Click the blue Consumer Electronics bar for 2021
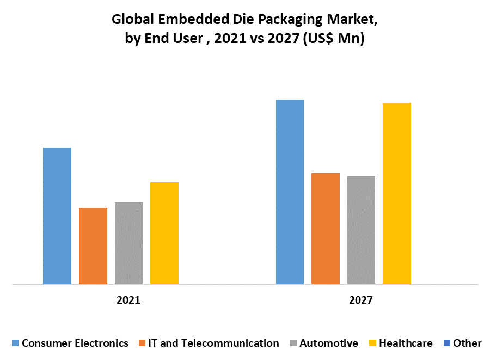[x=57, y=216]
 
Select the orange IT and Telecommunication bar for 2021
[x=93, y=246]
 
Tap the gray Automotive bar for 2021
[x=128, y=243]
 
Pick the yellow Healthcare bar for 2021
[x=164, y=233]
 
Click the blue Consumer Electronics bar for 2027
[x=290, y=192]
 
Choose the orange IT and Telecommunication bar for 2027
[x=326, y=229]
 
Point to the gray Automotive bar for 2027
[x=361, y=230]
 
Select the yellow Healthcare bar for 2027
[x=397, y=193]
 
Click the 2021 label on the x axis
[x=128, y=300]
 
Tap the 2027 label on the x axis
[x=362, y=300]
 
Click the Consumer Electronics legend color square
[x=15, y=343]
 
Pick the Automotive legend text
[x=329, y=343]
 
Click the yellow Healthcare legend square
[x=372, y=343]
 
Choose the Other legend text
[x=467, y=343]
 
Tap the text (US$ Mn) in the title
[x=334, y=40]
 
